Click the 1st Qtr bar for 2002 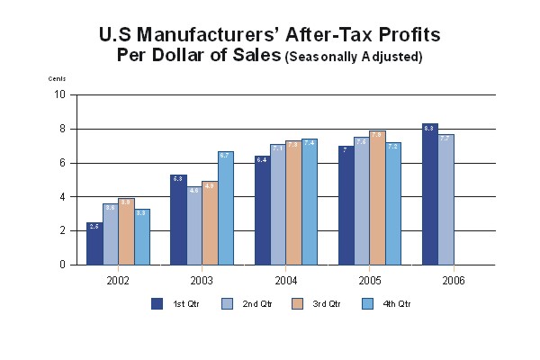(94, 244)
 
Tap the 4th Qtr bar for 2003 (225, 209)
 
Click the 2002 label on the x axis (118, 280)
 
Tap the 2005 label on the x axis (369, 280)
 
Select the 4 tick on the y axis (62, 197)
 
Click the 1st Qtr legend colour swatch (157, 303)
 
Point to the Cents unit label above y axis (57, 79)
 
